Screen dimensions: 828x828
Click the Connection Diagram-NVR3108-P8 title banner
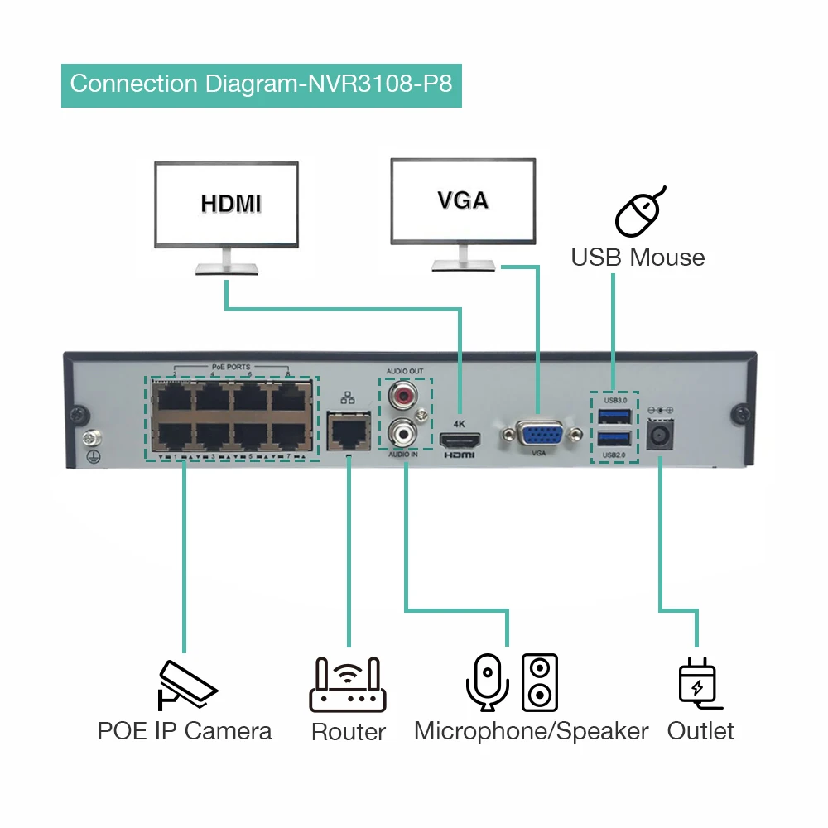click(x=262, y=84)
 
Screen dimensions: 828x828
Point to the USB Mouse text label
click(x=638, y=257)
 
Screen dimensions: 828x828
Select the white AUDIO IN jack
click(x=405, y=431)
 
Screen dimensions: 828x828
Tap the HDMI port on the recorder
click(x=460, y=439)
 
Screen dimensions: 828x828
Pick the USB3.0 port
click(x=614, y=416)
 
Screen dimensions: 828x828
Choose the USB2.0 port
click(x=614, y=440)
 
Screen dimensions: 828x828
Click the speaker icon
click(x=540, y=682)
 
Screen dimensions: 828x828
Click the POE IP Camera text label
click(x=184, y=731)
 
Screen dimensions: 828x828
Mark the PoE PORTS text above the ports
click(x=230, y=367)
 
